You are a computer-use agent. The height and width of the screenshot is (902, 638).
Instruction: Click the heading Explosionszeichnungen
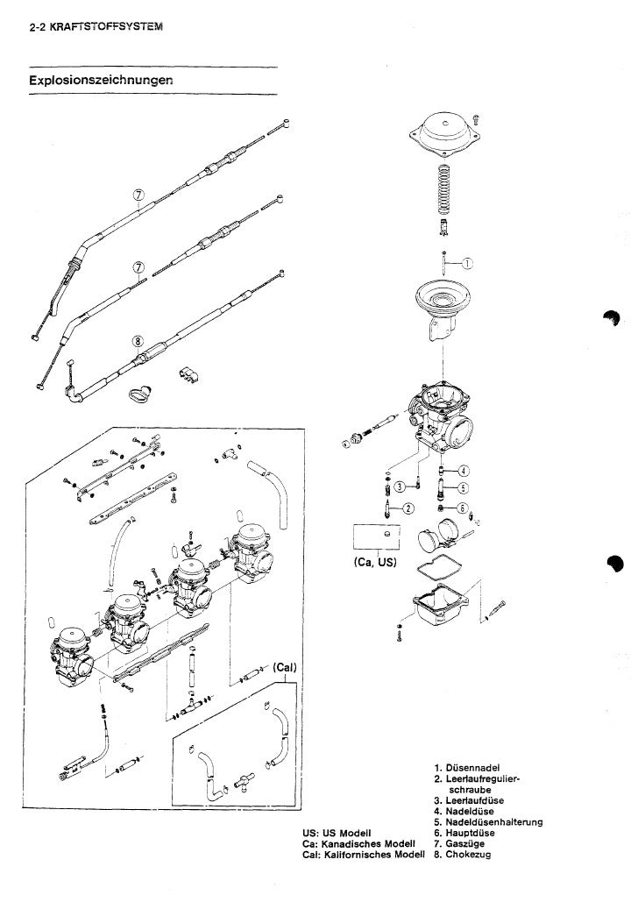click(102, 80)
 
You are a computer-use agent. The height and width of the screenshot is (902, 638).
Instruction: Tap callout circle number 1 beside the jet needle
click(468, 264)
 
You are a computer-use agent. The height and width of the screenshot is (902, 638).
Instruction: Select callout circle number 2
click(408, 508)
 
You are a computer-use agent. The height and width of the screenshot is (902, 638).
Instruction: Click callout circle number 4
click(464, 471)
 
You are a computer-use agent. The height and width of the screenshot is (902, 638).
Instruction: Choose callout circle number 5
click(463, 488)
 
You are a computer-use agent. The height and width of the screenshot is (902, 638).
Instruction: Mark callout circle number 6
click(463, 508)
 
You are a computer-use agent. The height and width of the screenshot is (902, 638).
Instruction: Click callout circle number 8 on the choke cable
click(138, 342)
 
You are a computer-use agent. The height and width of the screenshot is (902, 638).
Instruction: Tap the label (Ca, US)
click(374, 562)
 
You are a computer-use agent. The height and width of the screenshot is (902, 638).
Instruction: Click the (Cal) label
click(286, 667)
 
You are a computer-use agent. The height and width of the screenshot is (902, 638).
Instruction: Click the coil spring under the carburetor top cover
click(443, 189)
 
